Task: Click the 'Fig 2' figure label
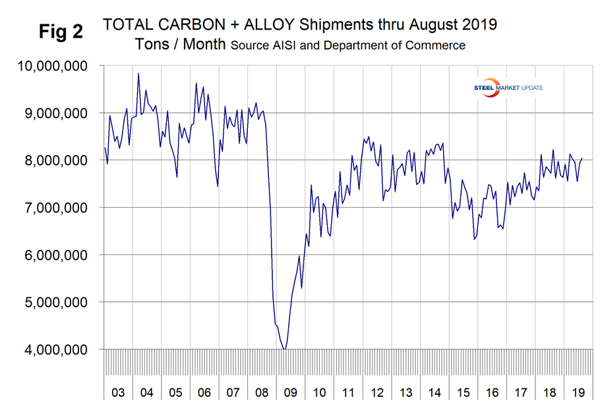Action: click(59, 32)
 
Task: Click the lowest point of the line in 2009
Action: click(284, 349)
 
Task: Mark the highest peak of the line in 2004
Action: click(138, 74)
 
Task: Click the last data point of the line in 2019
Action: click(582, 158)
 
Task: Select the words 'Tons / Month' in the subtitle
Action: click(180, 45)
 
